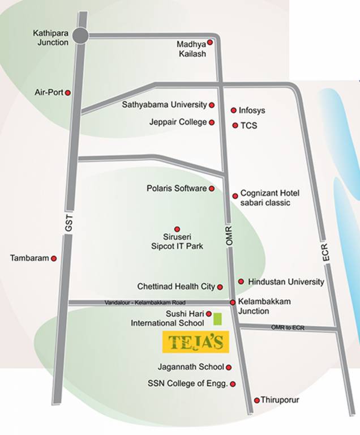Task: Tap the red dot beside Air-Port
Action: (68, 92)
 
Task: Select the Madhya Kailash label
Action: (191, 49)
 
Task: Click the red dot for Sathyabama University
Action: (212, 105)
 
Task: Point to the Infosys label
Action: (252, 110)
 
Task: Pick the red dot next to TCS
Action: (235, 125)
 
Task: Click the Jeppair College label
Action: (178, 122)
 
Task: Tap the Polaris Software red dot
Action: (212, 189)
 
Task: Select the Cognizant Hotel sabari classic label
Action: (269, 198)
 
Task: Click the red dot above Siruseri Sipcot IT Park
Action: (177, 229)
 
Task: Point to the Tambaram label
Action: (29, 258)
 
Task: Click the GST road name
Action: (69, 224)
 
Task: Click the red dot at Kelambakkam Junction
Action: (233, 303)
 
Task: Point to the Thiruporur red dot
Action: (256, 400)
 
